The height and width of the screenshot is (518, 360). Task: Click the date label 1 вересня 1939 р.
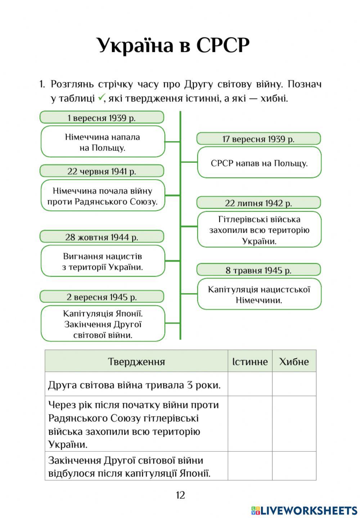tap(102, 118)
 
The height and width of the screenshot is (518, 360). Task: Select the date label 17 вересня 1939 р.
tap(258, 139)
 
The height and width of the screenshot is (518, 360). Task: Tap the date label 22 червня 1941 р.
tap(102, 171)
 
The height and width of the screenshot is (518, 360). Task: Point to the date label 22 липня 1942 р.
tap(258, 203)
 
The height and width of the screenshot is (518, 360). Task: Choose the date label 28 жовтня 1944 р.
tap(102, 237)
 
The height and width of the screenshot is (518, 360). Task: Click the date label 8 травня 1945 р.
tap(258, 270)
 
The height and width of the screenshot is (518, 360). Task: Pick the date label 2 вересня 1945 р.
tap(102, 297)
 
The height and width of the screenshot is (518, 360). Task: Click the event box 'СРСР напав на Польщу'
tap(259, 163)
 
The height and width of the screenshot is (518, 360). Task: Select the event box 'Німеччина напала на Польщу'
tap(103, 142)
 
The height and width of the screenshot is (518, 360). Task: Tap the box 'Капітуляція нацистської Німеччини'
tap(259, 294)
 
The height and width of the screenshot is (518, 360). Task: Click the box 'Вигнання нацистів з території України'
tap(103, 261)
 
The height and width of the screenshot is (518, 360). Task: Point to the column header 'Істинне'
tap(250, 361)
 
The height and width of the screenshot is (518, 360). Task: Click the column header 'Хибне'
tap(294, 361)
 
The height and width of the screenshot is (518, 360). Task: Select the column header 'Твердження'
tap(136, 361)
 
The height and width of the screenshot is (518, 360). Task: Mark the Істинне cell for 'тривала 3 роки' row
tap(250, 384)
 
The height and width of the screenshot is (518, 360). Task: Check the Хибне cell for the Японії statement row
tap(294, 466)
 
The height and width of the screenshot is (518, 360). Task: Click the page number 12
tap(180, 495)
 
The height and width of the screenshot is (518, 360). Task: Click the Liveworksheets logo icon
tap(255, 510)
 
